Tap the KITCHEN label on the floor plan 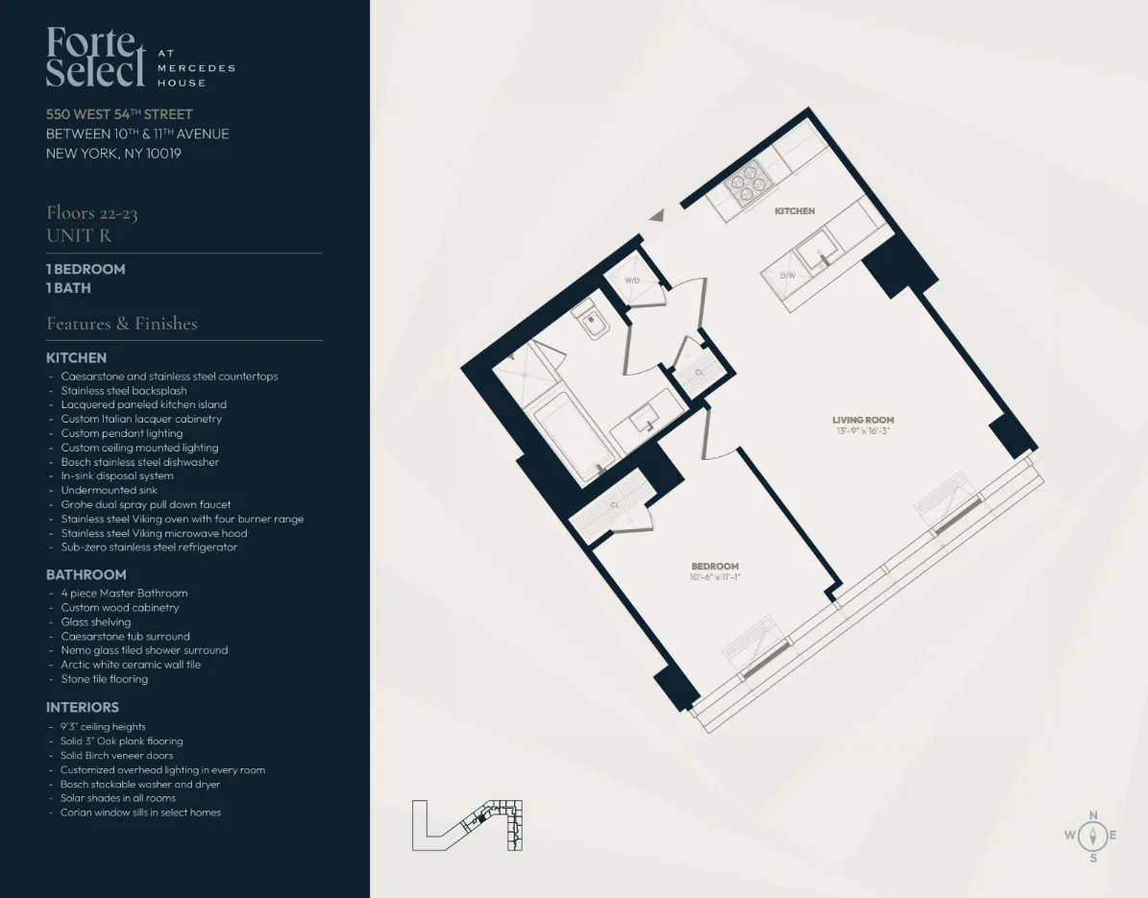tap(794, 211)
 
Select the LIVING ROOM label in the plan tap(863, 420)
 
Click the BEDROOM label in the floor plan tap(716, 567)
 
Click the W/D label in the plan tap(632, 280)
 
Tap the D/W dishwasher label tap(788, 276)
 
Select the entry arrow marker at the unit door tap(657, 217)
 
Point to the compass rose tap(1092, 835)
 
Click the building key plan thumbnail tap(467, 824)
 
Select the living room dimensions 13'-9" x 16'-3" tap(863, 431)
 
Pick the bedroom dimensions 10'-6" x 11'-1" tap(716, 577)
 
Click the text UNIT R tap(78, 235)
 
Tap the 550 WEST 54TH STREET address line tap(119, 114)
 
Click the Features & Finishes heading tap(122, 324)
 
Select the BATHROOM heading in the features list tap(86, 574)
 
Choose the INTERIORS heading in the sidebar tap(83, 707)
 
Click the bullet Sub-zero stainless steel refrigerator tap(149, 547)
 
